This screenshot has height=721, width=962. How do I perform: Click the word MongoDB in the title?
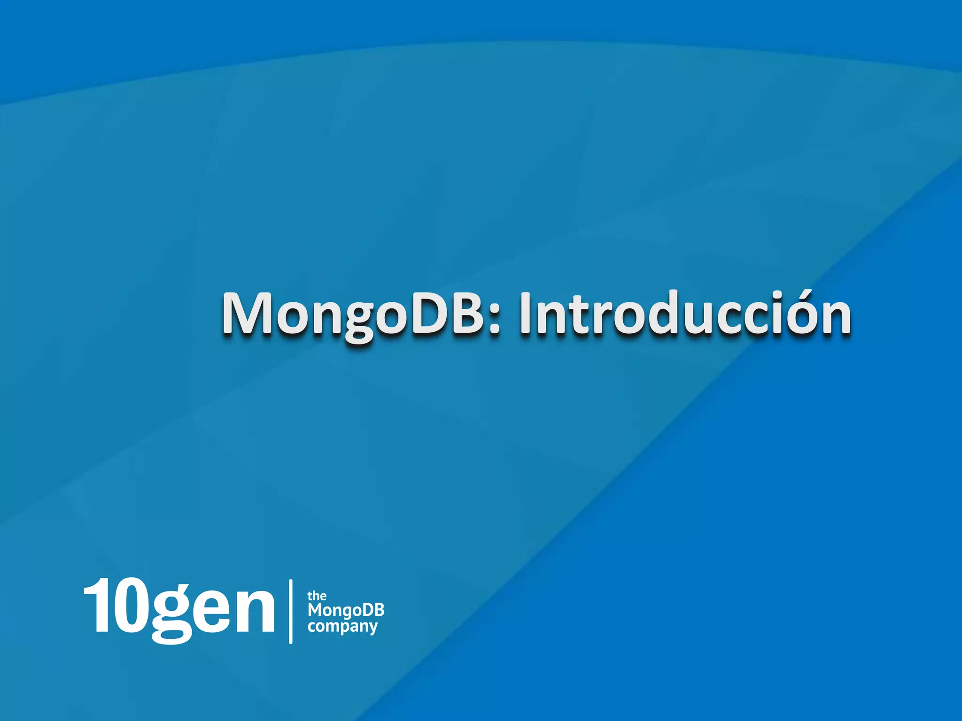pos(352,314)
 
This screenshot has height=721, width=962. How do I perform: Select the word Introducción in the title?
pos(685,314)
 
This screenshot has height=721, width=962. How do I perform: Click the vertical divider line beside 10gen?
pos(291,611)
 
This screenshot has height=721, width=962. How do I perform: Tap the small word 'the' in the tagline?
pos(317,596)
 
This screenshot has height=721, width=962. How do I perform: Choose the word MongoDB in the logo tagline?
pos(346,610)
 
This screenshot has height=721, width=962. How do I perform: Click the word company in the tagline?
pos(343,627)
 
